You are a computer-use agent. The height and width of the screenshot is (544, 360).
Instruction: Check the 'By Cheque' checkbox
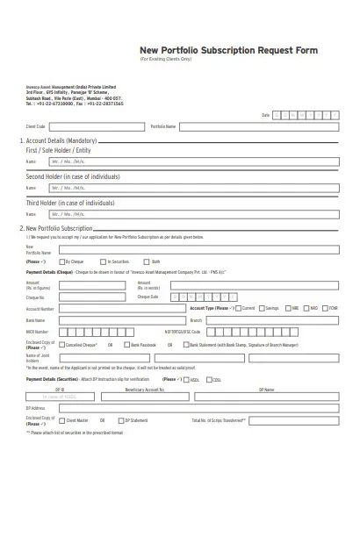[61, 261]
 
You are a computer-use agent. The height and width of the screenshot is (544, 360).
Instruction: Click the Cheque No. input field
[97, 297]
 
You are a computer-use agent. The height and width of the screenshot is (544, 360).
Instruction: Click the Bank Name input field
[114, 320]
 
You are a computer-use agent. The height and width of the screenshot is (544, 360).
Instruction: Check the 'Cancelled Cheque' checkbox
[64, 345]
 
